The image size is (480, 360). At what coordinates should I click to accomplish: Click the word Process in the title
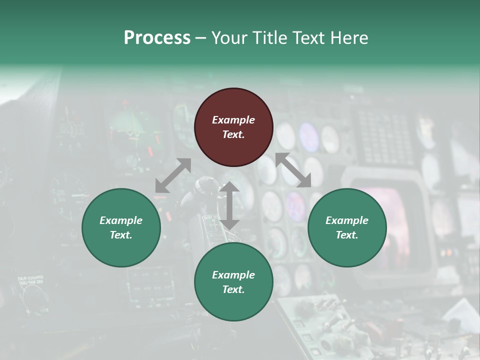(157, 38)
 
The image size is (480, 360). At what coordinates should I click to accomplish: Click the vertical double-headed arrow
(229, 205)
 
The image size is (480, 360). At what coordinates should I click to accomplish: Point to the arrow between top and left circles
(173, 175)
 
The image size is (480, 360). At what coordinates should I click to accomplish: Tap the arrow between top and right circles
(293, 170)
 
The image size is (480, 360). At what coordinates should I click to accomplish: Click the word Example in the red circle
(233, 120)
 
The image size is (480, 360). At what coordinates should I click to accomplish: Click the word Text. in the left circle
(121, 235)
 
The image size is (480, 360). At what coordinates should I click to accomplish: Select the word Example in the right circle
(347, 220)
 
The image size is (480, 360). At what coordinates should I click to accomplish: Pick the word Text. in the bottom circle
(233, 289)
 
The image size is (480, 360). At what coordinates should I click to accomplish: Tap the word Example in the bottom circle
(233, 275)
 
